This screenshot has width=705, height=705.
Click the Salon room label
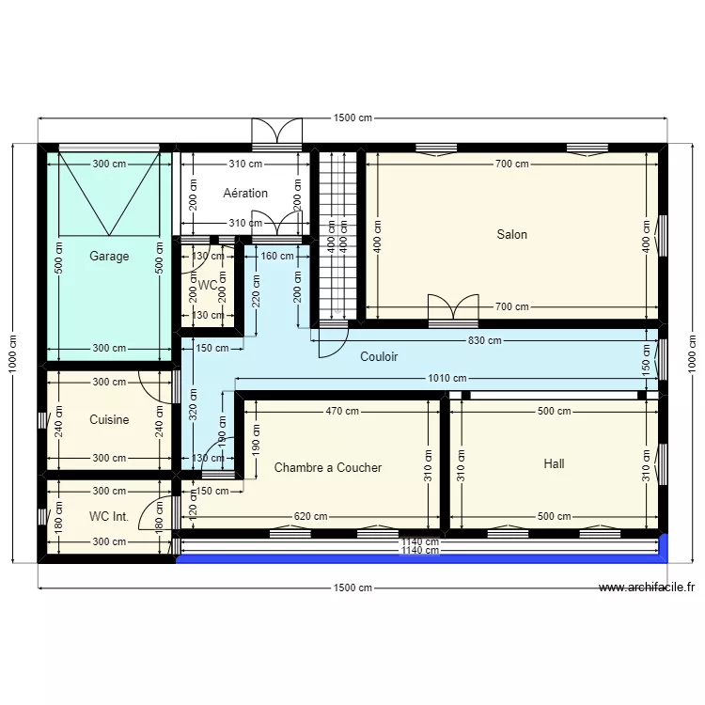pos(512,235)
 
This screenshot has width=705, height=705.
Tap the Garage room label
pos(109,256)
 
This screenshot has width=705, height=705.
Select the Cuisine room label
pos(109,420)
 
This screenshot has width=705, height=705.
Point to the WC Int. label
pos(109,516)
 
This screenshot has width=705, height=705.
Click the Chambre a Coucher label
pos(328,467)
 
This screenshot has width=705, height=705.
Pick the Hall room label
pos(555,463)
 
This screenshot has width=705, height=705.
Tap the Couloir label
pos(379,357)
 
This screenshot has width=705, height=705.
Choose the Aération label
pos(245,194)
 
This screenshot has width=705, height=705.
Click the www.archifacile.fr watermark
pos(646,588)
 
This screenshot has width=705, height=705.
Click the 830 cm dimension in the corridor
pos(486,341)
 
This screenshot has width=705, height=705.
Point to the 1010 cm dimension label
pos(446,379)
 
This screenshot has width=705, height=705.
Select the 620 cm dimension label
pos(310,516)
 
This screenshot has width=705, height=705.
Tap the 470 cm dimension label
pos(342,411)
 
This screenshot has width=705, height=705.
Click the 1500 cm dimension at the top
pos(352,118)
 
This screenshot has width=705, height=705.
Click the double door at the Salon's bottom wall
pos(441,310)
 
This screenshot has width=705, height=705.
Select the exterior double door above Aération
pos(277,133)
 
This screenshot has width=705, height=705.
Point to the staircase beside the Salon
pos(337,235)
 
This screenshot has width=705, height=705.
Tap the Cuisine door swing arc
pos(156,384)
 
